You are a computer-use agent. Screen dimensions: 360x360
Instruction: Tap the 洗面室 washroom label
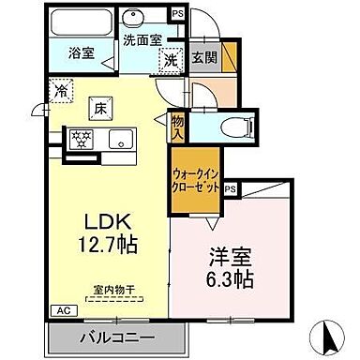(x=142, y=40)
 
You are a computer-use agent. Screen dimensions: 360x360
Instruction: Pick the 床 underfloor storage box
(x=97, y=110)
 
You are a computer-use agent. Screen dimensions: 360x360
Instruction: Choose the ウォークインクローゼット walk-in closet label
(x=195, y=180)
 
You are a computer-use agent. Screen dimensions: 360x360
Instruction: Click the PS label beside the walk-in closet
(x=230, y=187)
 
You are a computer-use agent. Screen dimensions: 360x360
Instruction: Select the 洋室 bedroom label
(x=226, y=256)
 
